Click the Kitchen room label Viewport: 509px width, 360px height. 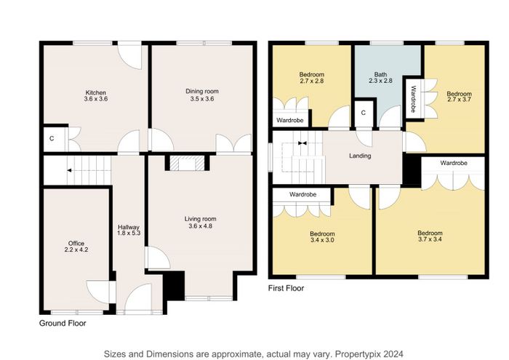(x=95, y=92)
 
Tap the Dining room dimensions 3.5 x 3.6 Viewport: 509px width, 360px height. (x=202, y=99)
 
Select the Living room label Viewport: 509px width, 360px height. (x=200, y=219)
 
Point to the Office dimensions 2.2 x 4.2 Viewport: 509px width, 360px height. (x=76, y=249)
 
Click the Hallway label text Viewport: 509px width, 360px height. (x=129, y=227)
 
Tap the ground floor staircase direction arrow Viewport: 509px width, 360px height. (x=69, y=170)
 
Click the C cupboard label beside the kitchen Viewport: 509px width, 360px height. (x=52, y=139)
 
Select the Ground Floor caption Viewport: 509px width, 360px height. (x=63, y=324)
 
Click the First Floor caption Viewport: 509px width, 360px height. (x=286, y=288)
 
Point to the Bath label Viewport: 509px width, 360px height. (x=380, y=74)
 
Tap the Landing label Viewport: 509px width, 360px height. (x=360, y=156)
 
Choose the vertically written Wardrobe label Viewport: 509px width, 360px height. (x=413, y=99)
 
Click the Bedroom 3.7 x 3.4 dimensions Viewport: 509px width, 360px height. (x=430, y=239)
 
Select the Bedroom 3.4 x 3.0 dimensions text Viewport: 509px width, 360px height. (x=322, y=240)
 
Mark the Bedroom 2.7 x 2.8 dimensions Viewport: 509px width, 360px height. (x=312, y=81)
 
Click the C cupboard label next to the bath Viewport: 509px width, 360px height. (x=364, y=113)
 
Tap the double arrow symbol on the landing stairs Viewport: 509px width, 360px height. (x=302, y=143)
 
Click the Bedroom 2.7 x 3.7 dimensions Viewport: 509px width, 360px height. (x=459, y=100)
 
